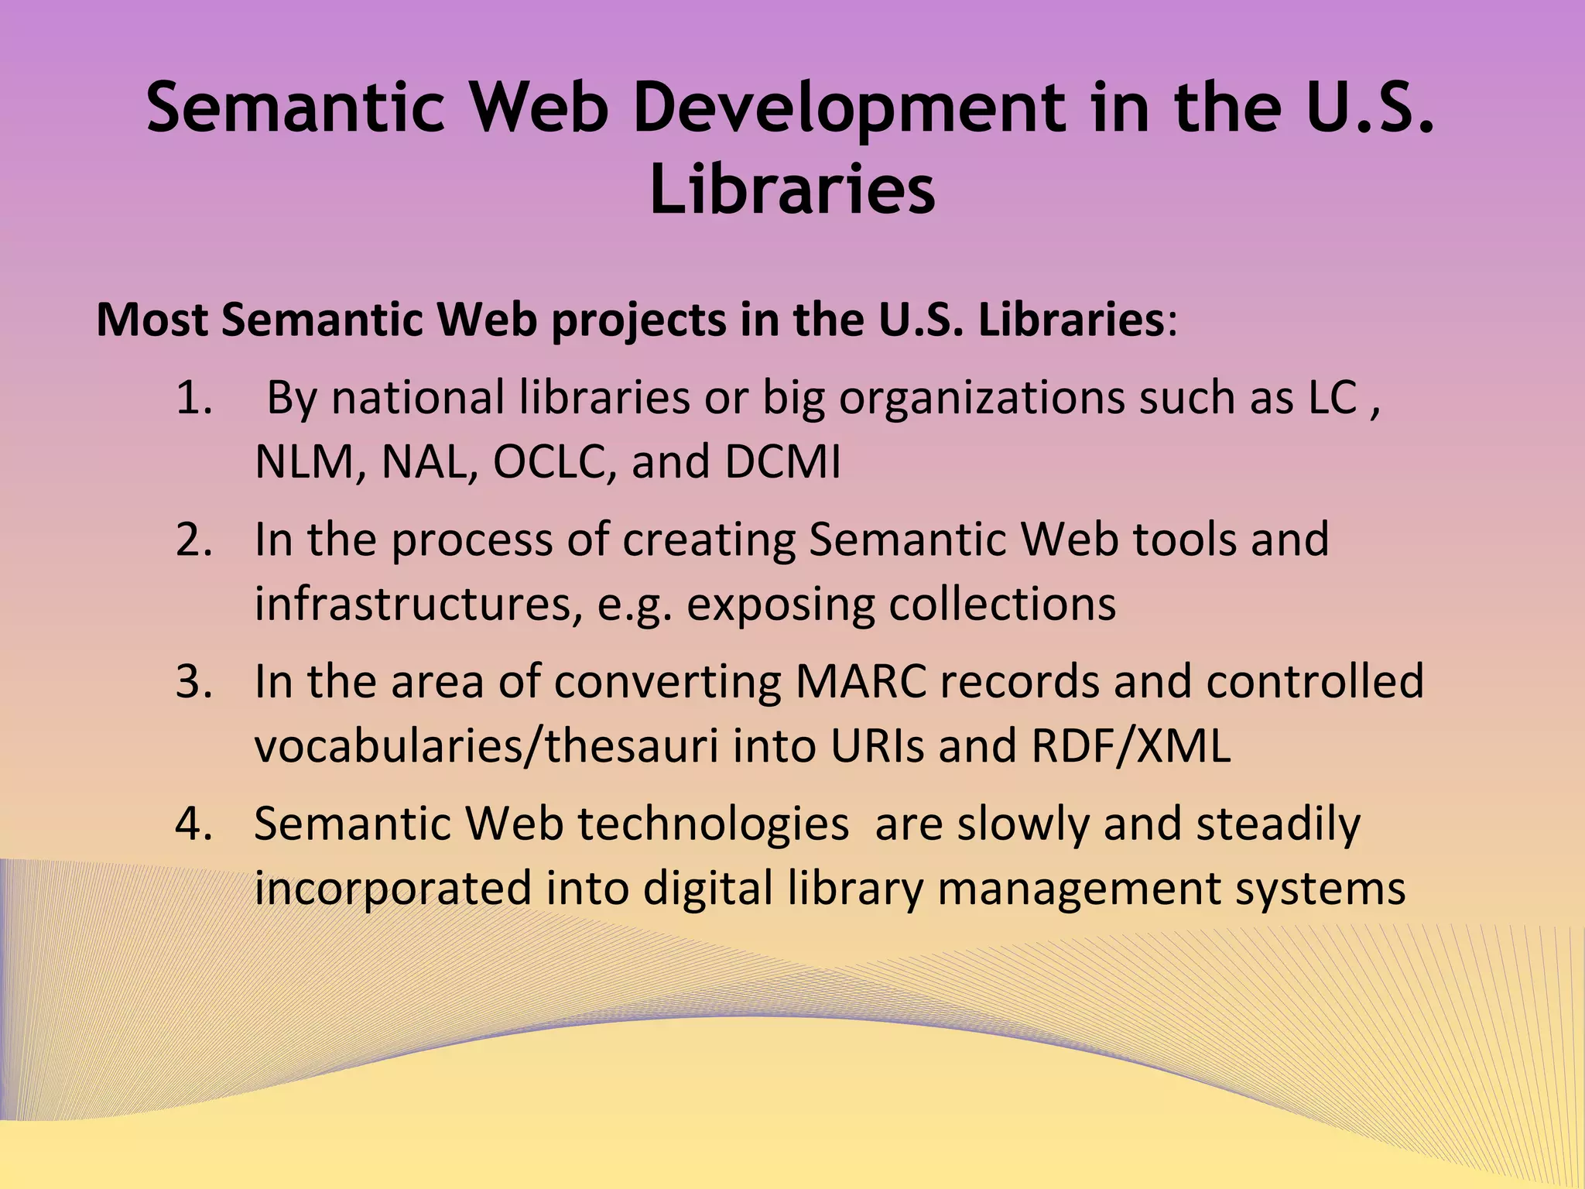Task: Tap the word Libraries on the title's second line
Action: pos(792,190)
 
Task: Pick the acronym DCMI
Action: pos(782,463)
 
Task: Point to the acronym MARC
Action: pos(861,681)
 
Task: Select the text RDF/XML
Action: pos(1131,746)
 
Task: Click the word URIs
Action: pos(877,746)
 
